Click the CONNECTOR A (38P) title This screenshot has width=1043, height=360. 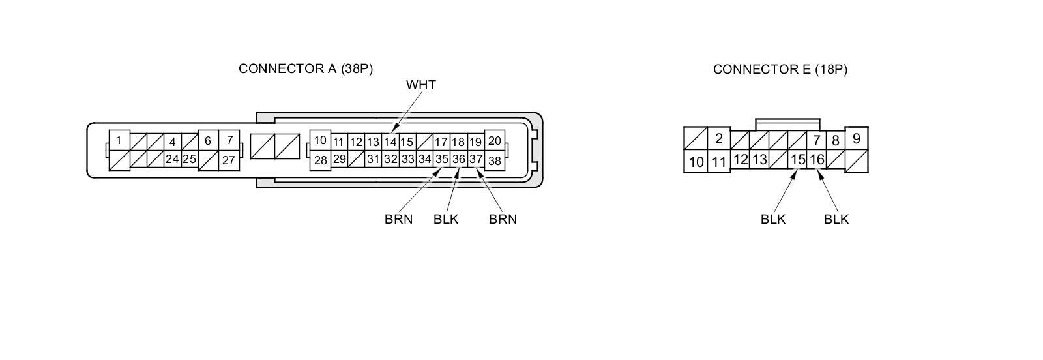pos(306,68)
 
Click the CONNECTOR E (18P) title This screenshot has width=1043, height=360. pos(780,69)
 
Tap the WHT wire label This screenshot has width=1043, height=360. pos(420,85)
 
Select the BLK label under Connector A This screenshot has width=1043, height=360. pos(446,219)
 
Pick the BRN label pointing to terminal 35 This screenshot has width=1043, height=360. pos(398,219)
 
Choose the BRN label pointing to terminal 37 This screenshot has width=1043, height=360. pos(503,219)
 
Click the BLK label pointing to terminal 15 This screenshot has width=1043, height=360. pos(773,219)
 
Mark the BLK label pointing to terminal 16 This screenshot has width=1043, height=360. pos(836,219)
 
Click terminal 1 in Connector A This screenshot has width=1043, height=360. pos(119,140)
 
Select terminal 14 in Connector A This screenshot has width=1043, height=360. pos(390,142)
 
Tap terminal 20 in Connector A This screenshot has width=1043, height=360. pos(495,140)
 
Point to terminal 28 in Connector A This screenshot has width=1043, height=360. pos(320,160)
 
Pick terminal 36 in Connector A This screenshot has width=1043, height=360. pos(459,159)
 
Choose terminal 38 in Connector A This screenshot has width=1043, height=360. pos(495,160)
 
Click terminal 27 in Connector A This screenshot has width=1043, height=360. pos(229,160)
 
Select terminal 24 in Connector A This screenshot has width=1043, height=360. pos(172,159)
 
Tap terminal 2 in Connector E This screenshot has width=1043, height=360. pos(718,138)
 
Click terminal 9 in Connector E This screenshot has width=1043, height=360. pos(856,138)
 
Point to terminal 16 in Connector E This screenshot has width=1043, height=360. pos(817,159)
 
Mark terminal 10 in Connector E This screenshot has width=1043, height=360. pos(696,162)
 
